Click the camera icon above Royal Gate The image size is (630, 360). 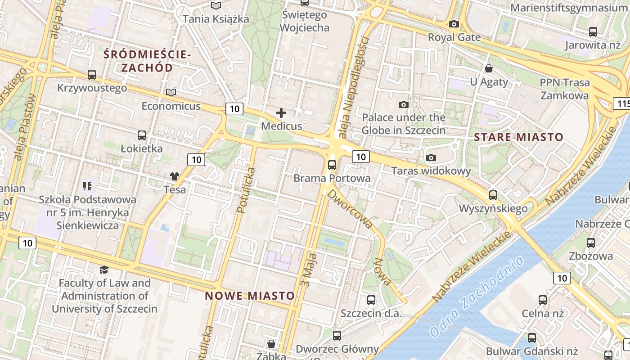454,24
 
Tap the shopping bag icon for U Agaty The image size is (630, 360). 489,68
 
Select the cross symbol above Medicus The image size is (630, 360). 281,113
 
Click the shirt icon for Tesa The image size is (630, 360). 174,176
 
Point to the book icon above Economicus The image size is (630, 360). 171,92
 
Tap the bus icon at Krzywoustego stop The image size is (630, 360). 92,75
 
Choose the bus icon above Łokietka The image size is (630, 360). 142,135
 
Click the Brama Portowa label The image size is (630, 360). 332,178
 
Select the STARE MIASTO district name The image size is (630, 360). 518,137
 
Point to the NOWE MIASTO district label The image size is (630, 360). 250,296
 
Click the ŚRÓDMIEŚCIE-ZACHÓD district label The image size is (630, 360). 147,61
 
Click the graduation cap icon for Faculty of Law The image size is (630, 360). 104,270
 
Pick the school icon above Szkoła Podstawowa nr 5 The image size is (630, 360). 87,185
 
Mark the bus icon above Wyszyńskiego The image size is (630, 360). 493,195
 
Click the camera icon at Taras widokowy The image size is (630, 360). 431,157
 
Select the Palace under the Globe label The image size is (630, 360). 404,124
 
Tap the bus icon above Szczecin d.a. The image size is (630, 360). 371,300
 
